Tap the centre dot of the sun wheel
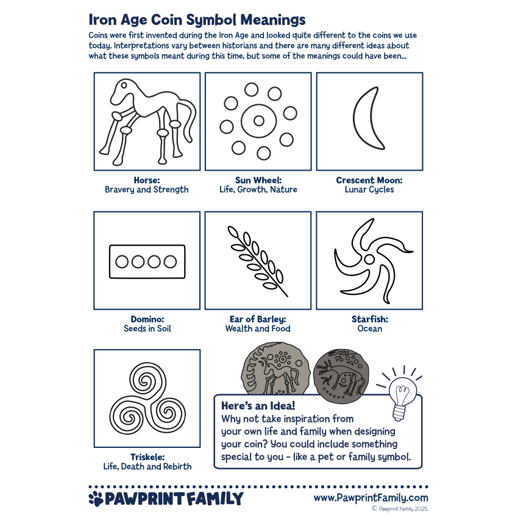coord(258,121)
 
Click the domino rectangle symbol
coord(147,261)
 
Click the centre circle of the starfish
coord(369,258)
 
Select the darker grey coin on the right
coord(342,374)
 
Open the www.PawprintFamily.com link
coord(371,498)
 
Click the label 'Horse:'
coord(147,180)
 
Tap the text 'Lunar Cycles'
coord(369,190)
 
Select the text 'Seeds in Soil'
coord(147,328)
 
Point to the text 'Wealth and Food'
coord(258,328)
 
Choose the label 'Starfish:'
coord(369,319)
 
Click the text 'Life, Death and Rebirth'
coord(147,467)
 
